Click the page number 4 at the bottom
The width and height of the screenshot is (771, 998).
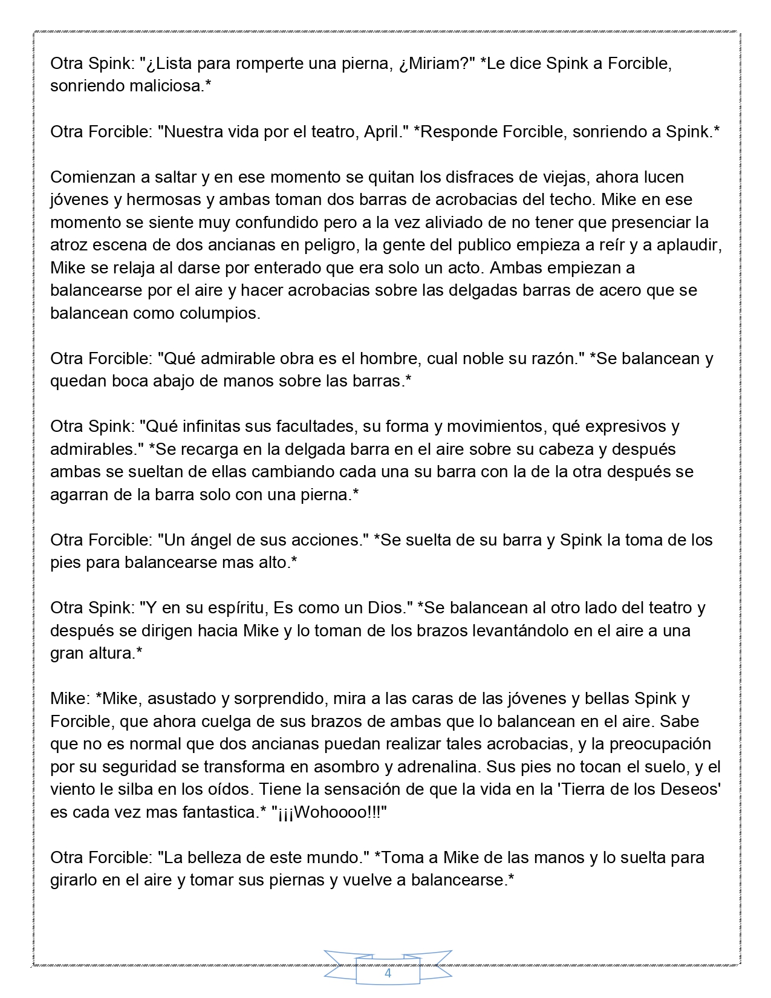388,973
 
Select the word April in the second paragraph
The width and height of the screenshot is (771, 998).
383,132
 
